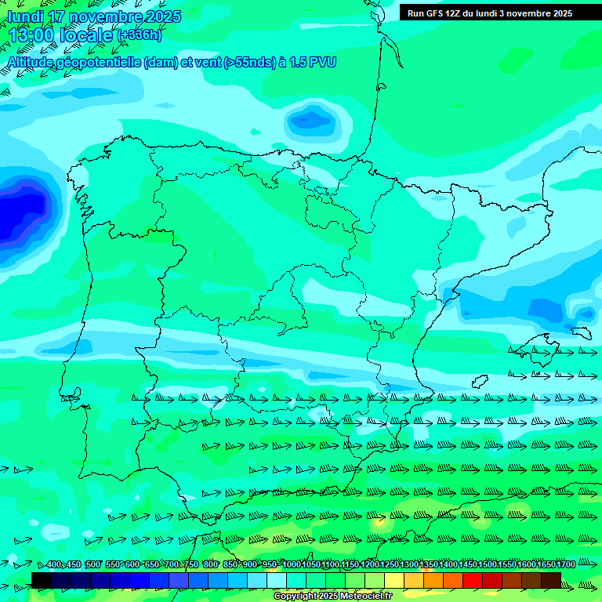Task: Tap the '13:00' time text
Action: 31,34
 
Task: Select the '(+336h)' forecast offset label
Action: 140,34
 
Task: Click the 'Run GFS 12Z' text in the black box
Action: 433,13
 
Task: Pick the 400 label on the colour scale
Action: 53,565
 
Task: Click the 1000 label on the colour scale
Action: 291,565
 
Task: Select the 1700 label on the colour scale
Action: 565,565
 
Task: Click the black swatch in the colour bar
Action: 42,580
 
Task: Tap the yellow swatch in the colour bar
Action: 394,580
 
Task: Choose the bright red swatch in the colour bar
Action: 473,580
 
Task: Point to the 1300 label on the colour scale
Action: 408,565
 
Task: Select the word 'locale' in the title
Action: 85,34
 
